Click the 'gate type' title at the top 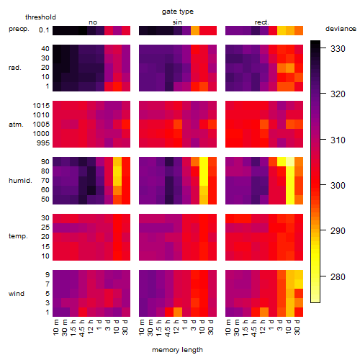coord(178,12)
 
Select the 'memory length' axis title coord(177,350)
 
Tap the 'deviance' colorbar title coord(341,29)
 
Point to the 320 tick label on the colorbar coord(338,94)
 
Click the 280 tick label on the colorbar coord(338,277)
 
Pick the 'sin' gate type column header coord(177,22)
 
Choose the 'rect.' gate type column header coord(262,22)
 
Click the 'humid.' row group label coord(20,181)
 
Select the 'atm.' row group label coord(16,125)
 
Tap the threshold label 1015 coord(41,106)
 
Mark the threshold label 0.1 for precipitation coord(44,30)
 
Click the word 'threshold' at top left coord(40,17)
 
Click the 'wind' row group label coord(17,294)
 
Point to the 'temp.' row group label coord(18,236)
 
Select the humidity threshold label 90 coord(45,162)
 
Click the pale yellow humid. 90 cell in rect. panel coord(290,162)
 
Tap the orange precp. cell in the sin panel coord(195,30)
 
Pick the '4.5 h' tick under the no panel coord(81,328)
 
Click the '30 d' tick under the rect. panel coord(297,327)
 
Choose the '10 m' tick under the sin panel coord(142,327)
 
